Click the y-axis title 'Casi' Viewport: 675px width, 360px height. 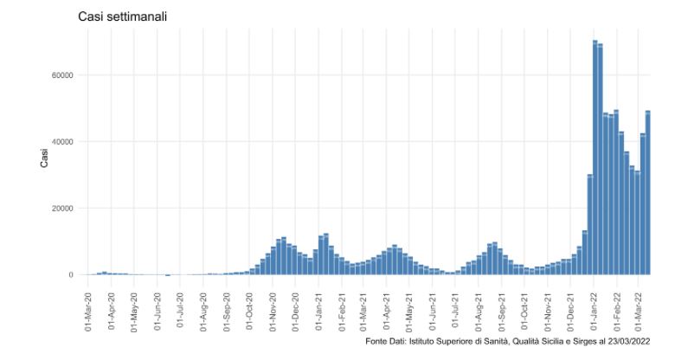(x=46, y=159)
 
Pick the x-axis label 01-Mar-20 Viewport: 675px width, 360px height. (x=88, y=310)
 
